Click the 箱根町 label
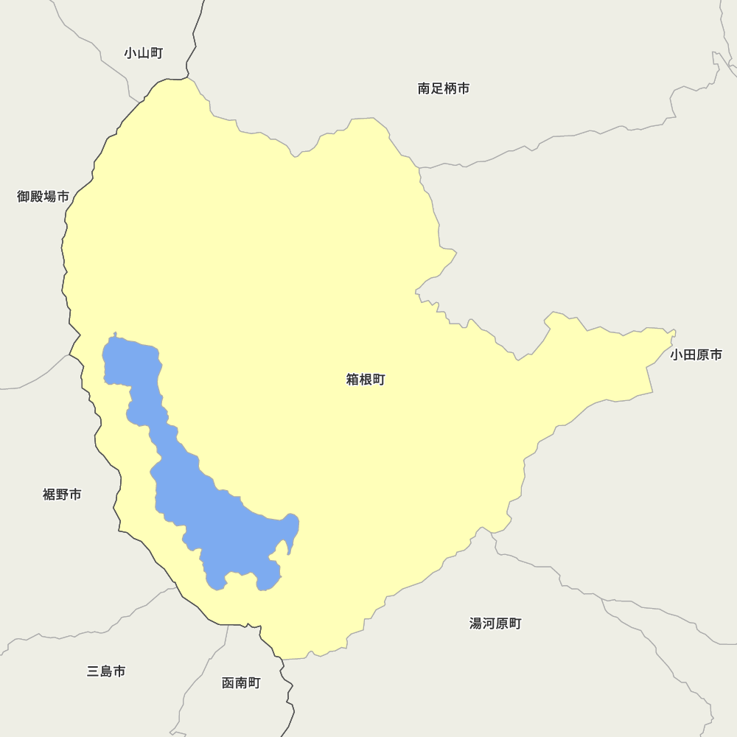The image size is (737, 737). point(366,380)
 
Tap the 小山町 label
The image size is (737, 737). point(143,53)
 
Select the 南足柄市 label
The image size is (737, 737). point(444,89)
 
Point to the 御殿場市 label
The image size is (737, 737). point(43,197)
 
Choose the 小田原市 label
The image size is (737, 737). point(696,355)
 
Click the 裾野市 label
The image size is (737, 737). point(62,495)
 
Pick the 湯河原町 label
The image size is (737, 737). point(495,624)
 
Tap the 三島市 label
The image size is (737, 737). point(106,671)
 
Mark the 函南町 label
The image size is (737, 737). point(241,683)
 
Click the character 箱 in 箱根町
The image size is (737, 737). point(352,380)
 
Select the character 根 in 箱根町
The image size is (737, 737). point(366,380)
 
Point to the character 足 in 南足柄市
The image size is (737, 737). point(437,89)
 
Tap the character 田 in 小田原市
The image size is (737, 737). point(690,355)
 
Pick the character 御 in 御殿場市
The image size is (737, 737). point(24,197)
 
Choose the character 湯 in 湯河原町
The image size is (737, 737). point(476,624)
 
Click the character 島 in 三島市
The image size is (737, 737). point(106,671)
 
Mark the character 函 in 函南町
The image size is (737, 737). point(228,683)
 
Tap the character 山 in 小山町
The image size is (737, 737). point(143,53)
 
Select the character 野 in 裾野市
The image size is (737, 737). point(62,495)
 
